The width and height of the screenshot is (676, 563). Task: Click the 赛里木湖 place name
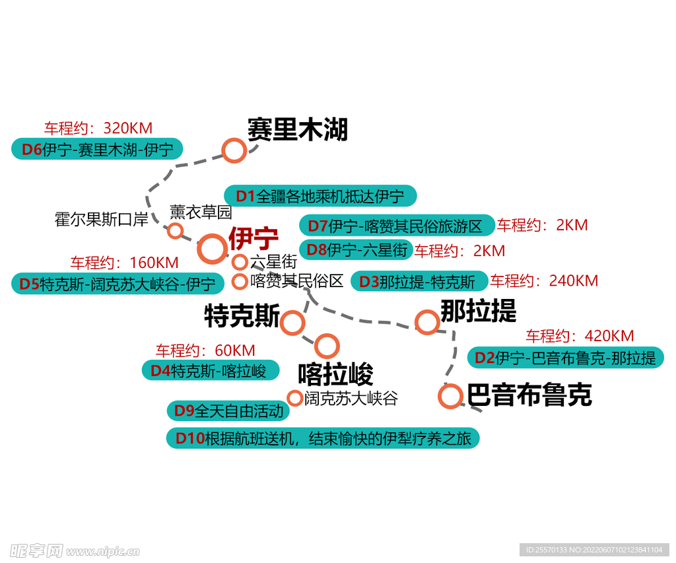297,129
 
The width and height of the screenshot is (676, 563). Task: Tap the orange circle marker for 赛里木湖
234,150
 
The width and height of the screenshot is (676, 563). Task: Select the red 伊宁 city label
253,238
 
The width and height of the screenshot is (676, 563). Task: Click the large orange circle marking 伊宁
213,249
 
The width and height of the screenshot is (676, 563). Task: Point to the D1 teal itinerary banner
320,196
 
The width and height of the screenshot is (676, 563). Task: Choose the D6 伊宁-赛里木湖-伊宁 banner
98,149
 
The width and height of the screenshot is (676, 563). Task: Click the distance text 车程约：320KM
98,128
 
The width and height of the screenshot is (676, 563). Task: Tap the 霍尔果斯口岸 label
102,219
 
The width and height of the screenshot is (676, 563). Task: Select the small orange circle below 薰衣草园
175,230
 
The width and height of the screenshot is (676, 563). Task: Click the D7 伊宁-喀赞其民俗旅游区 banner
397,226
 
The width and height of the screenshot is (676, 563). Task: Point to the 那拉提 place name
479,311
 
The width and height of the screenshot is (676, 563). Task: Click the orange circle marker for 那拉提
427,322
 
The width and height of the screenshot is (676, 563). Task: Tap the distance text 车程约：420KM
580,336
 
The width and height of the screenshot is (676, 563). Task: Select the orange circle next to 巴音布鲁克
450,396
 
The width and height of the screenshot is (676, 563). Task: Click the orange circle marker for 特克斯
292,323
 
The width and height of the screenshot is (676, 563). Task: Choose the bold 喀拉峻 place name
335,374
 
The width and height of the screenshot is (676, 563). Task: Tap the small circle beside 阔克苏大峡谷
294,398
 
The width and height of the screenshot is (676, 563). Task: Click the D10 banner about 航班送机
323,438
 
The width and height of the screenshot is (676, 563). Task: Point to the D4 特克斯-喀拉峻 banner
210,370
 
